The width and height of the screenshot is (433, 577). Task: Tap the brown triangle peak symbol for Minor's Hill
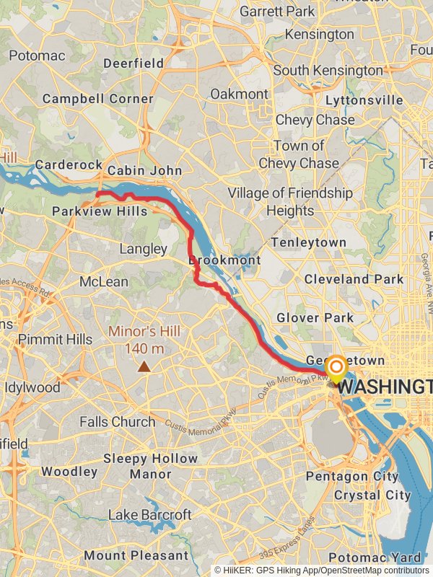pos(145,367)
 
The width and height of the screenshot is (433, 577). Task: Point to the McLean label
pos(104,282)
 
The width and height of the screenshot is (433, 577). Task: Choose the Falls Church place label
pos(118,422)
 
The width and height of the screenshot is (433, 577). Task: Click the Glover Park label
pos(315,317)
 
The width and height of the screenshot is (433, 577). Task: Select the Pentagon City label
pos(352,477)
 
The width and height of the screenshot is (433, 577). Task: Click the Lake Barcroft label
pos(150,515)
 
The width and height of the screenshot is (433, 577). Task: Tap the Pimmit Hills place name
pos(56,339)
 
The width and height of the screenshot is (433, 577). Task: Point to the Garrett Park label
pos(277,12)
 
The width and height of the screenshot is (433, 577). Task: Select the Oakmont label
pos(239,94)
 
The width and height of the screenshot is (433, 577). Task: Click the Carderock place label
pos(69,165)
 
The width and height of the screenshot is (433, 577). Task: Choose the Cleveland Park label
pos(354,278)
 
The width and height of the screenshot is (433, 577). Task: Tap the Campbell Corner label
pos(98,99)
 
